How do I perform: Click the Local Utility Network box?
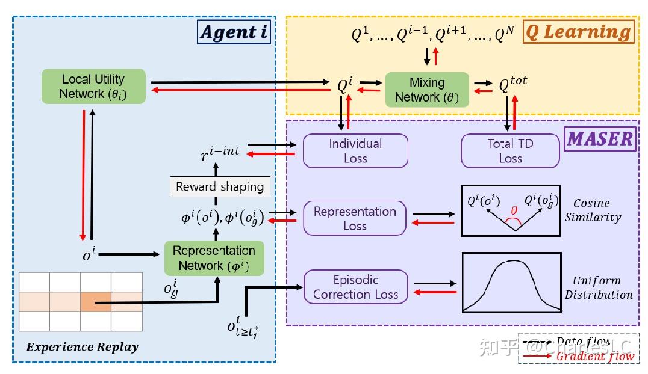(93, 86)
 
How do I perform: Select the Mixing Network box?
(427, 90)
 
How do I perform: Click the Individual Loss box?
(355, 151)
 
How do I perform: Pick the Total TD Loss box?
(509, 151)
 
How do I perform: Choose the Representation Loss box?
(355, 218)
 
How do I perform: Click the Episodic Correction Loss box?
(355, 287)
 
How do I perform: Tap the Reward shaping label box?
(220, 186)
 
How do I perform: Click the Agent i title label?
(234, 32)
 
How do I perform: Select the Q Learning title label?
(578, 31)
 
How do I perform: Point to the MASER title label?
(600, 139)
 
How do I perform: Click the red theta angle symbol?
(514, 212)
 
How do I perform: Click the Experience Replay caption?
(83, 347)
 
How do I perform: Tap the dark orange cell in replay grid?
(96, 301)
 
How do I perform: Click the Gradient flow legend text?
(594, 356)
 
